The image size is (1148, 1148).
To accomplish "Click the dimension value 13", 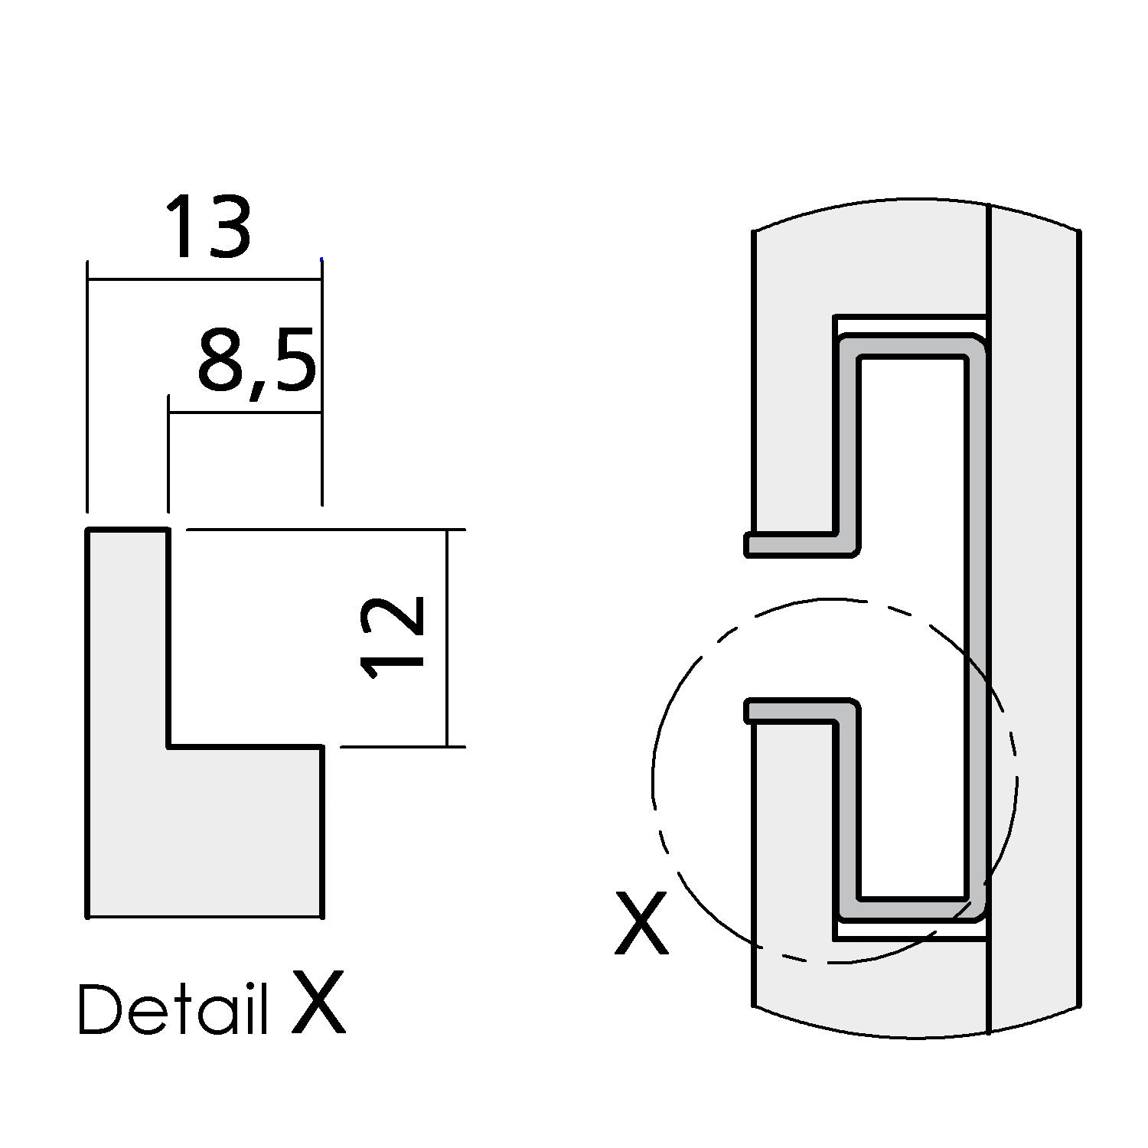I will [x=207, y=227].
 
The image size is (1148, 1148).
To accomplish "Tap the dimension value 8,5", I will [x=256, y=362].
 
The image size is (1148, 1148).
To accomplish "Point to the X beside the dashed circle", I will [x=641, y=925].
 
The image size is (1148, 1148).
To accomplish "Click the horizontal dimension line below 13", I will [x=204, y=280].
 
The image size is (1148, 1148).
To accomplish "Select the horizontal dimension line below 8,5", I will [x=244, y=413].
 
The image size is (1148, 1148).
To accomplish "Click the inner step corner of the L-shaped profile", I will [x=168, y=745].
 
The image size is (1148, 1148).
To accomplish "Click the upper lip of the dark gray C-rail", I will [x=796, y=544].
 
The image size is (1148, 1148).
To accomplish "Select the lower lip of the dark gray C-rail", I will [x=796, y=710].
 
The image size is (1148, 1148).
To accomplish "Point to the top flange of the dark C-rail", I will [x=911, y=345].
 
